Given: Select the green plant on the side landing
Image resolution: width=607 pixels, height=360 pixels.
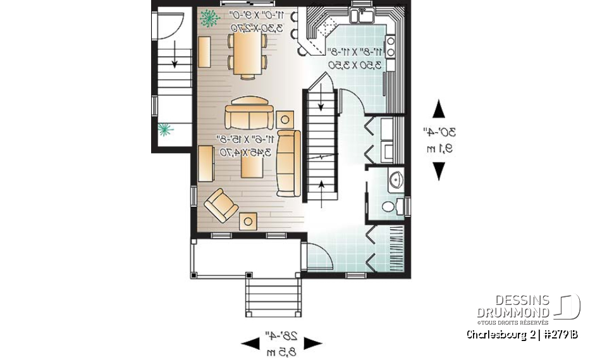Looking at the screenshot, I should point(166,130).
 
